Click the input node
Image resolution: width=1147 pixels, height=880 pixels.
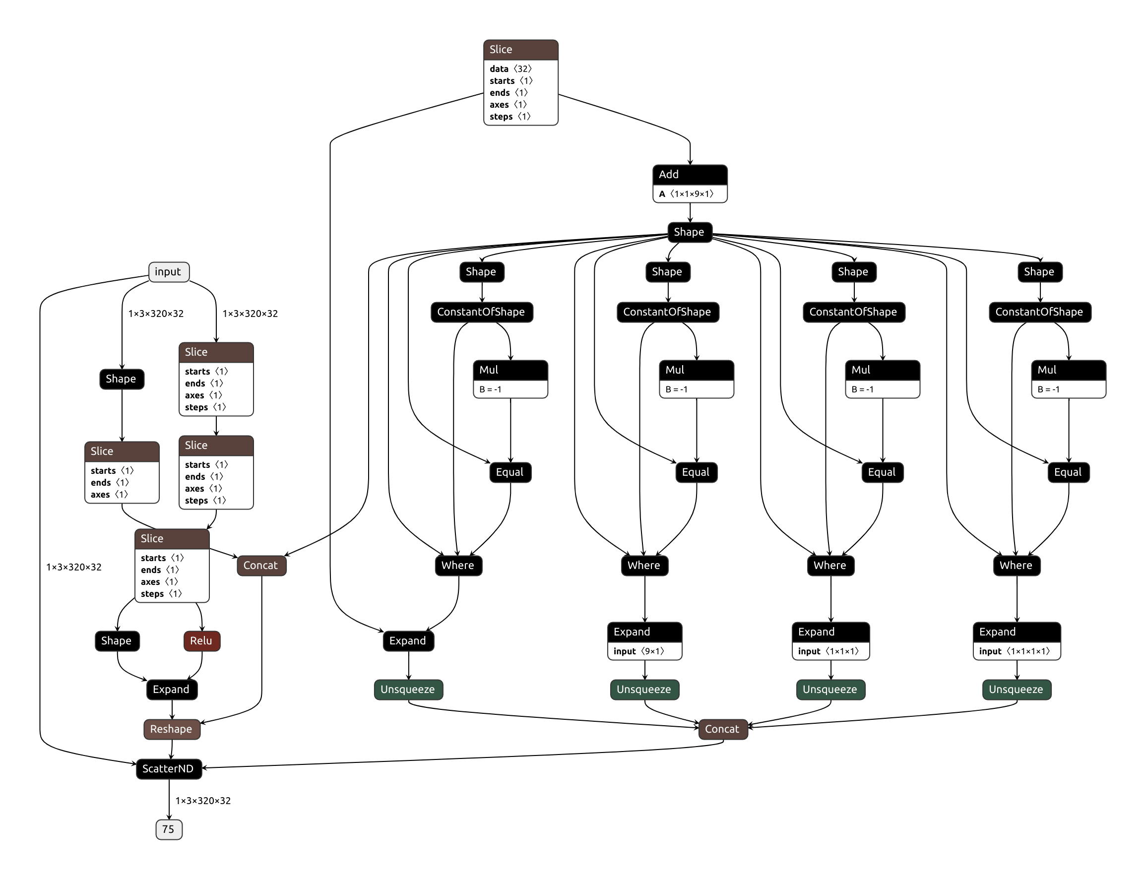[x=169, y=272]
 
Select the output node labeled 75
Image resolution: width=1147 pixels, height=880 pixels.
[x=169, y=829]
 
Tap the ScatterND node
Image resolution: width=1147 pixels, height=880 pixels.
[x=169, y=768]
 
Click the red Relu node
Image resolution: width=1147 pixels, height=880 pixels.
[x=201, y=640]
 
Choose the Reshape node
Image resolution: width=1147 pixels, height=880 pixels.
[x=172, y=729]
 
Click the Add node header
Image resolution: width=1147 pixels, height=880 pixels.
[x=689, y=175]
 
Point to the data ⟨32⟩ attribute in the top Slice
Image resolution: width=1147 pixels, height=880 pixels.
[x=510, y=68]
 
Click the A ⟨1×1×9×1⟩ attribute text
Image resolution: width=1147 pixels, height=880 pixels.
[x=686, y=194]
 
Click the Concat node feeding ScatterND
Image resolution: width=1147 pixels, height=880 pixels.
[x=723, y=729]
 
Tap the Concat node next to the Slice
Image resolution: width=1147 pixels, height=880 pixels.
[x=261, y=565]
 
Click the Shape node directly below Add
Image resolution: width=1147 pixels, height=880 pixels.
[x=689, y=232]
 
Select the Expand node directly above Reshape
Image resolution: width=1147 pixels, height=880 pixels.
[x=172, y=690]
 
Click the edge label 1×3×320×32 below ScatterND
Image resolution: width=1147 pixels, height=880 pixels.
[x=203, y=800]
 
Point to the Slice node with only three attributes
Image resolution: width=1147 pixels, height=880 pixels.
[x=122, y=451]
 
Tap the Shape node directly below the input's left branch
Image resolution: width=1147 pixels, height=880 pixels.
[x=122, y=378]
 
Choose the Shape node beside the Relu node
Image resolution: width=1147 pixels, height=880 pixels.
[x=117, y=640]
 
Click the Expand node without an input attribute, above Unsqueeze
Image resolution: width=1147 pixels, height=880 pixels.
[x=408, y=640]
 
